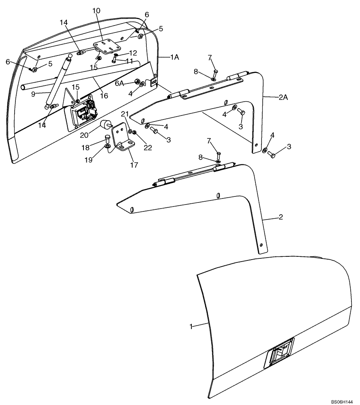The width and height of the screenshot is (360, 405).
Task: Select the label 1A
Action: click(174, 58)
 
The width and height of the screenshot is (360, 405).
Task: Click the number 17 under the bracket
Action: click(133, 165)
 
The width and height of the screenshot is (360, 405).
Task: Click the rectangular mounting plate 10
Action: click(104, 46)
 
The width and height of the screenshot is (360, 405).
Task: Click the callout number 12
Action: click(133, 53)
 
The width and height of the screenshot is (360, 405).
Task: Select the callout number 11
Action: click(129, 61)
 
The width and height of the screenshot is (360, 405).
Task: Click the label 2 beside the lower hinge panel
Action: click(280, 217)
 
